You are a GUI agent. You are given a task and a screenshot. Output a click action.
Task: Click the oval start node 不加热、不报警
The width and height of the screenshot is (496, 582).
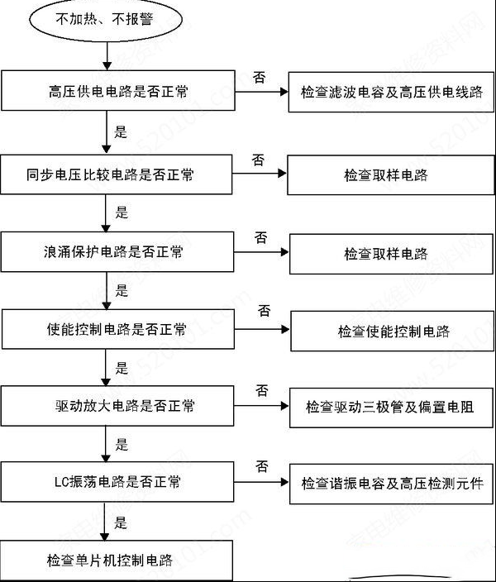[106, 19]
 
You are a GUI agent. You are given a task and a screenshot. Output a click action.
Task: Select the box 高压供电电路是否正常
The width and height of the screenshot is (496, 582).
[118, 91]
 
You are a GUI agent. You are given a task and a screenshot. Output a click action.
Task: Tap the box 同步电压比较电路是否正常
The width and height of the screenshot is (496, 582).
[117, 174]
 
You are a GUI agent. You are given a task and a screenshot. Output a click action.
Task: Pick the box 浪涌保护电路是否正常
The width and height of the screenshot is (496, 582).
[117, 251]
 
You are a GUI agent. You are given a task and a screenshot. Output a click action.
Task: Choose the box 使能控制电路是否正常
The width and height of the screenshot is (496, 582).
[118, 329]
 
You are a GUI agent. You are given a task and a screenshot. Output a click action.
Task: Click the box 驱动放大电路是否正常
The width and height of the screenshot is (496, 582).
[117, 406]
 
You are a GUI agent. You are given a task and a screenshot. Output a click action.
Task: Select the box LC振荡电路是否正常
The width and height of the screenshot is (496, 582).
[117, 482]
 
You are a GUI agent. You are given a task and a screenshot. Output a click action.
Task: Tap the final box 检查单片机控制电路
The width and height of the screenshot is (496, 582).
[117, 561]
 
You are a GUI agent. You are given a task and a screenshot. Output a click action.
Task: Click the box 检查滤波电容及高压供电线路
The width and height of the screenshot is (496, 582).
[391, 92]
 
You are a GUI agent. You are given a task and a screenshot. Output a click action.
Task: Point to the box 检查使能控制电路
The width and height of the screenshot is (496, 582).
[393, 331]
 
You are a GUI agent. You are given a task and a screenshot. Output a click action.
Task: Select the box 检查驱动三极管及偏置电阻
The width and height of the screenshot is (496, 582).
[391, 408]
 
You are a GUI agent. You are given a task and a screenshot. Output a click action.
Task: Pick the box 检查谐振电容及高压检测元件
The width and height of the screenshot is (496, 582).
[391, 484]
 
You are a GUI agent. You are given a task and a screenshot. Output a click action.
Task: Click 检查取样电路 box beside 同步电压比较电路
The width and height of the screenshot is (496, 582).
[391, 175]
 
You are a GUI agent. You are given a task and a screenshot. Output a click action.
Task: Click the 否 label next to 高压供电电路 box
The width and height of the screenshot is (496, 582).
[259, 77]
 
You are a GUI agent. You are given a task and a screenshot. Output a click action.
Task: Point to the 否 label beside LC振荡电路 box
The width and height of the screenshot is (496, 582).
[262, 466]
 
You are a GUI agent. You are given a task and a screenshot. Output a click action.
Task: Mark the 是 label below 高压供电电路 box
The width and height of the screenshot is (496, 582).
[121, 131]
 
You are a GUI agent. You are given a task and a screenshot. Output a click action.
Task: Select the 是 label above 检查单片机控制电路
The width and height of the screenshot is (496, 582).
[121, 522]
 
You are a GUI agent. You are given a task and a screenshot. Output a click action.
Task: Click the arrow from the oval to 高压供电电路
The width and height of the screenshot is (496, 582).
[107, 56]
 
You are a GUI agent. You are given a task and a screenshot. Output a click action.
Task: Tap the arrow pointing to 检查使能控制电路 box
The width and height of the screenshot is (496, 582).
[263, 329]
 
